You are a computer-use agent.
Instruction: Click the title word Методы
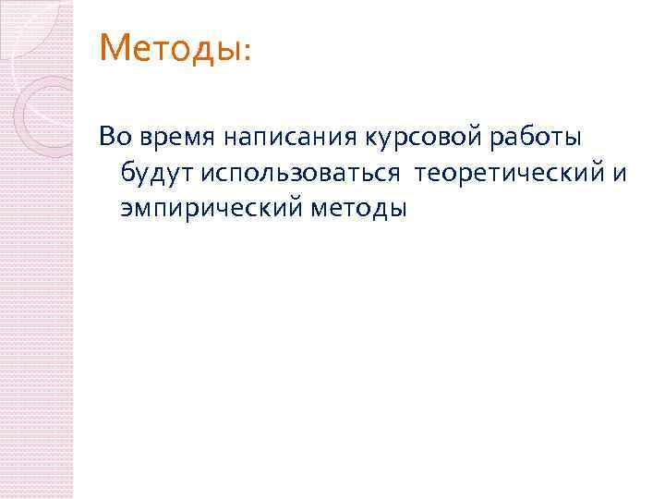169,47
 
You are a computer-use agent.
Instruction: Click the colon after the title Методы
245,53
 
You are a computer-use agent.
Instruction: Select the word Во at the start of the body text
115,139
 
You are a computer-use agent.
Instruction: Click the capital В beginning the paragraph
107,139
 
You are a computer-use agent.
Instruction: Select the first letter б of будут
126,174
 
